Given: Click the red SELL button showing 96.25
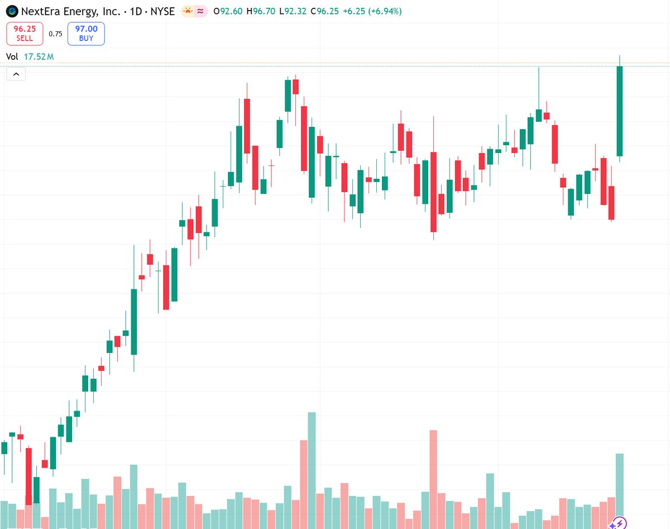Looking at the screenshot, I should click(25, 34).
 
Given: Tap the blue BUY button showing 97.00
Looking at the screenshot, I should click(86, 34).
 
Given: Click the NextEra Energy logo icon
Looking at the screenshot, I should click(11, 11).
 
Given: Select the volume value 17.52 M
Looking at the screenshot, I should click(39, 56).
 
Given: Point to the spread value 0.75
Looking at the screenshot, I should click(55, 34).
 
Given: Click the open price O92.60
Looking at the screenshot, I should click(228, 11).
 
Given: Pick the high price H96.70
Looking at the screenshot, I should click(261, 11).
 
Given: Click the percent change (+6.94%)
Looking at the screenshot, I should click(381, 11).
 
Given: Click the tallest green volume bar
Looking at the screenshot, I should click(312, 469).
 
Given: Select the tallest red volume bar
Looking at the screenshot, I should click(433, 478).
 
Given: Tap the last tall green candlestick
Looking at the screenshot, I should click(620, 111).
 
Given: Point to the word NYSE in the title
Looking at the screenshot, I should click(163, 11).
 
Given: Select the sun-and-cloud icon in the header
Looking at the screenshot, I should click(188, 11).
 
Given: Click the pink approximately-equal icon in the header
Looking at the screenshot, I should click(200, 11).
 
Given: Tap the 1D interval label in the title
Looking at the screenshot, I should click(136, 11).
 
